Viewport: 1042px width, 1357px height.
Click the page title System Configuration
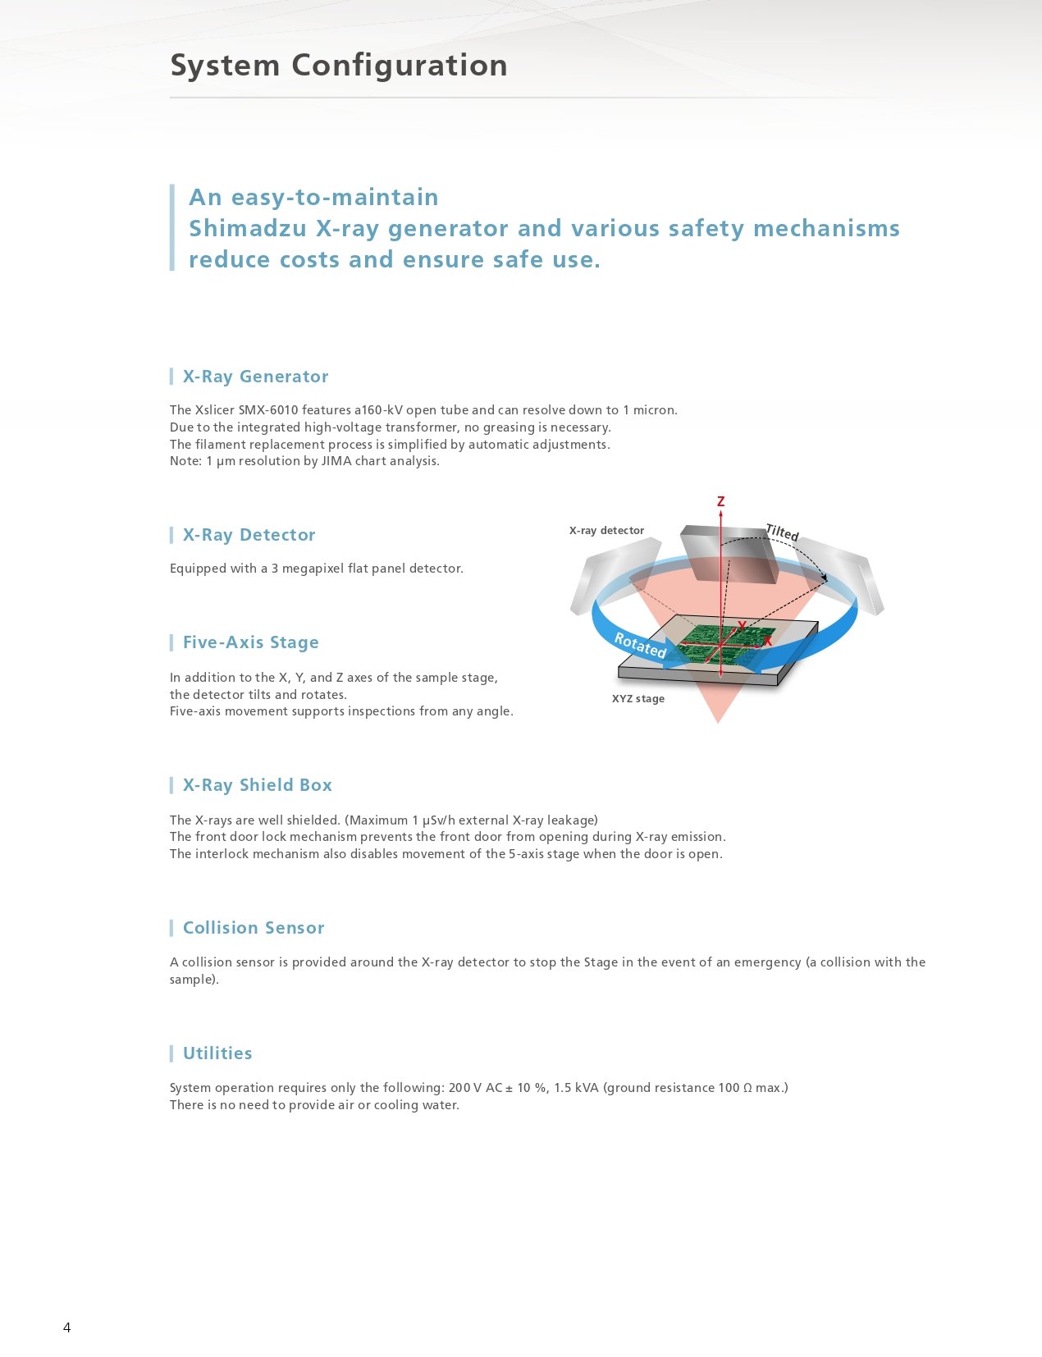[x=338, y=66]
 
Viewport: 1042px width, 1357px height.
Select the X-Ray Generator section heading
[x=255, y=377]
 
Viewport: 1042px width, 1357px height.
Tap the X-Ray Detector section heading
[x=249, y=535]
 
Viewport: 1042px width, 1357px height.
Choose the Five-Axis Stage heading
[x=250, y=642]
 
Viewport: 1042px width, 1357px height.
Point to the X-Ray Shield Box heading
[x=257, y=785]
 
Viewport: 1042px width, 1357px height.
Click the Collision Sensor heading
[x=254, y=928]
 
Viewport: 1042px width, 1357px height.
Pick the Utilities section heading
[x=217, y=1053]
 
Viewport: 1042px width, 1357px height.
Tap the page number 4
[x=67, y=1327]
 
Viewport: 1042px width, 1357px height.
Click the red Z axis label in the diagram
[x=720, y=501]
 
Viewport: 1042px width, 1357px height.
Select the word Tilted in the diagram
[x=782, y=532]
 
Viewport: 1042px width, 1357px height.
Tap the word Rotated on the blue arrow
[x=640, y=645]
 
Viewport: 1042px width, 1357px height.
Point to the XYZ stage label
[x=638, y=699]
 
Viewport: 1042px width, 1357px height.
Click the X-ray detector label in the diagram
[x=606, y=531]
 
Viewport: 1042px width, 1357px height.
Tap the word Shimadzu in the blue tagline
[x=248, y=228]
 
